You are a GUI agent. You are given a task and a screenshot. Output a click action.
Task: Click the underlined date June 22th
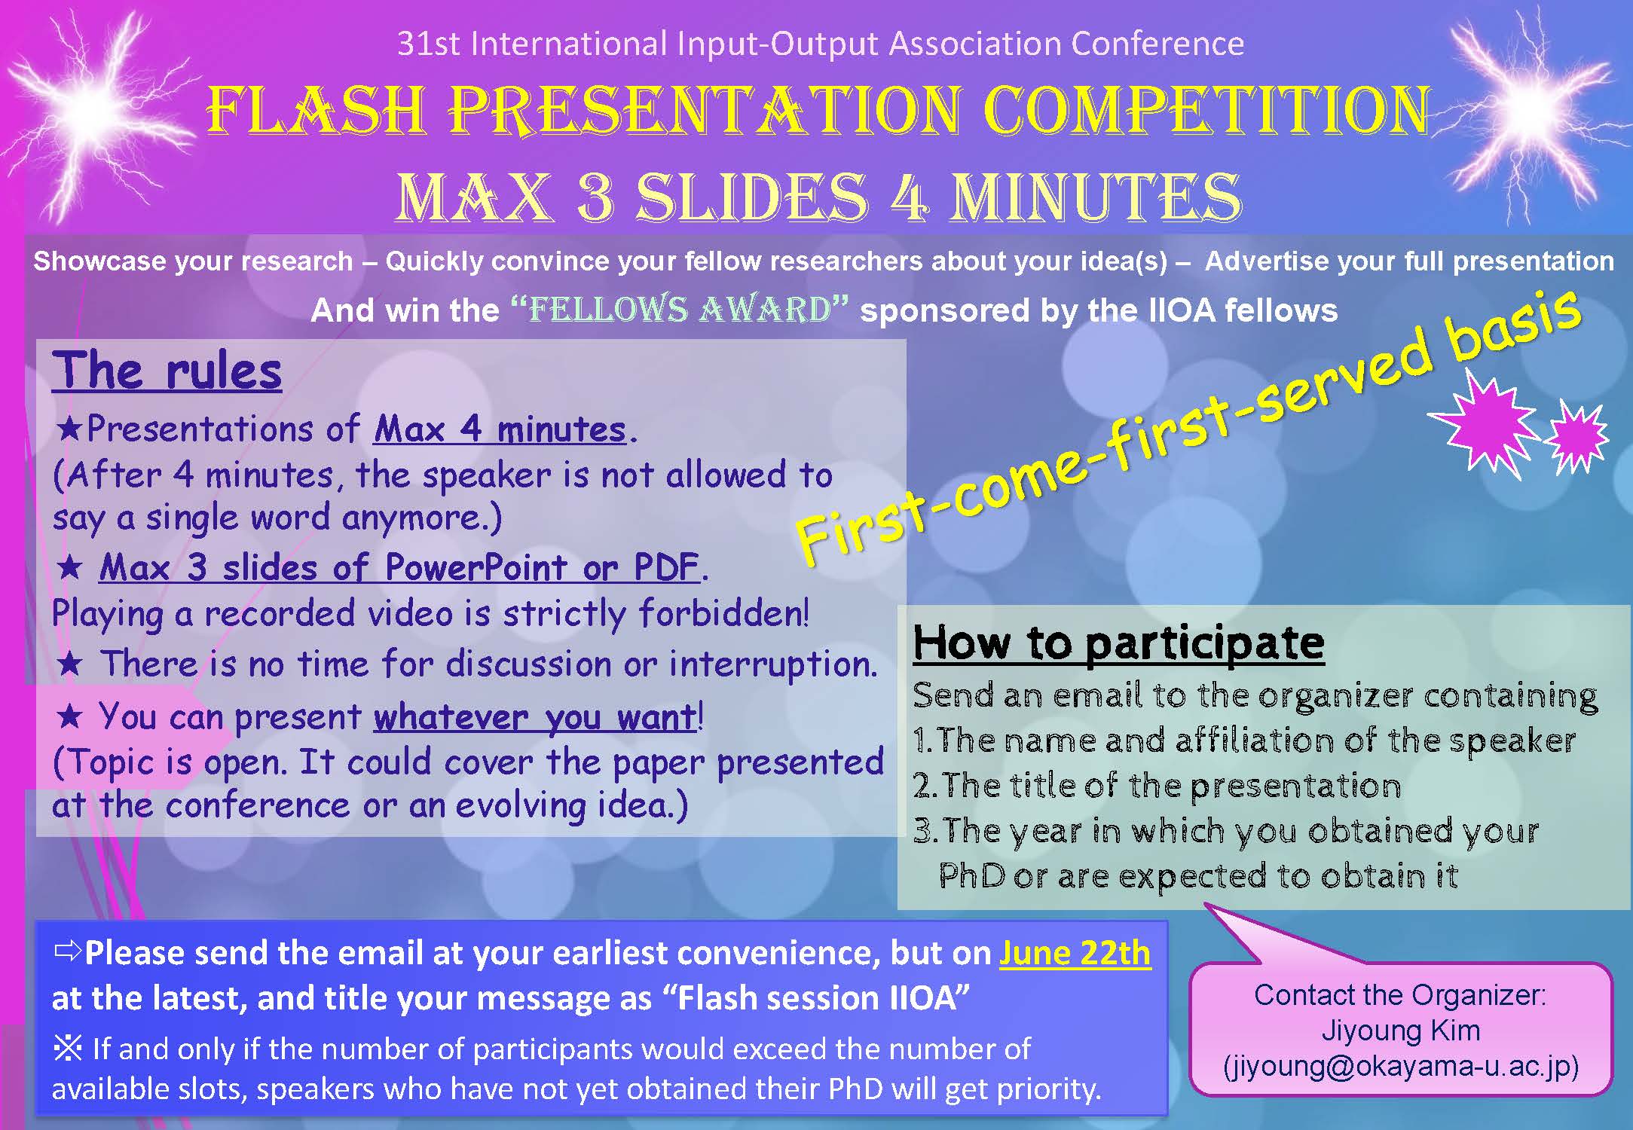1075,954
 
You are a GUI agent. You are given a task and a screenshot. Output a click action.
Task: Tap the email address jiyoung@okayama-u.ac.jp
1401,1067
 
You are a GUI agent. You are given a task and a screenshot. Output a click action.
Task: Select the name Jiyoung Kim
1401,1031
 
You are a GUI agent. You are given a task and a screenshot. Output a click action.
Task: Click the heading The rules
167,371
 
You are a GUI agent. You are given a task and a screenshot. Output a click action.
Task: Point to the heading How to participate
1118,644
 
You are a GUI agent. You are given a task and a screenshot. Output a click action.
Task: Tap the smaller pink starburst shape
1577,437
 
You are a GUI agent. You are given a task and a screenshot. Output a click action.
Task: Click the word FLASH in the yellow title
315,111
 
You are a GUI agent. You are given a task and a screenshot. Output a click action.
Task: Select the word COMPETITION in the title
1206,111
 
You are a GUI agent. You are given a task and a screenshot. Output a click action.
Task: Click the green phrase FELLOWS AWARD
680,310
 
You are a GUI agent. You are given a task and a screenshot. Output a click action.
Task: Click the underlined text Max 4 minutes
500,429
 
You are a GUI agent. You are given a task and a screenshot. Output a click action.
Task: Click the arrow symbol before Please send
67,952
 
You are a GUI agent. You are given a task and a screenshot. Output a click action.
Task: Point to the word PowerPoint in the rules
476,567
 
